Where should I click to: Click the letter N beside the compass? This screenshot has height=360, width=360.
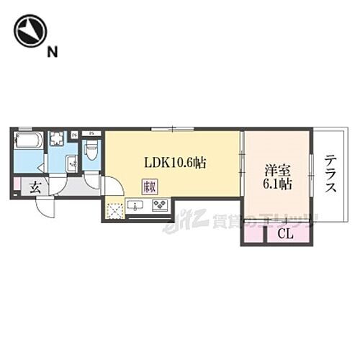tap(52, 51)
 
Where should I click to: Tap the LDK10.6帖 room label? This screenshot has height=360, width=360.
tap(175, 163)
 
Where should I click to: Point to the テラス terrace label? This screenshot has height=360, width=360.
tap(330, 174)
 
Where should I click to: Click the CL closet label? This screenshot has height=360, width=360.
tap(285, 233)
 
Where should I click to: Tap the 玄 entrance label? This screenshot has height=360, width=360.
tap(34, 188)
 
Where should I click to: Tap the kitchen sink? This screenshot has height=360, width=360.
tap(137, 207)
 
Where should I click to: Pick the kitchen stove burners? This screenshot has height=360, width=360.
tap(159, 207)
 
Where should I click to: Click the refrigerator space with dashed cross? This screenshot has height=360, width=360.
tap(114, 210)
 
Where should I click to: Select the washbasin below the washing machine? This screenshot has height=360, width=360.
tap(71, 163)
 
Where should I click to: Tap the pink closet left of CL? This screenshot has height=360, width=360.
tap(254, 233)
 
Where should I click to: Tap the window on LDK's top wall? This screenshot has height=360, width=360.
tap(172, 129)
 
